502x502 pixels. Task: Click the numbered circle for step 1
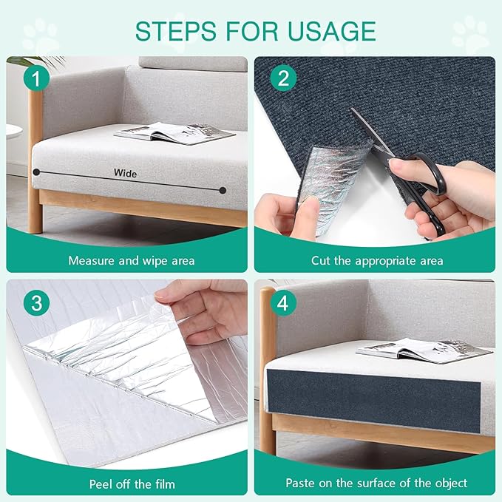click(x=36, y=78)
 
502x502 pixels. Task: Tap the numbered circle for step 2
click(x=283, y=78)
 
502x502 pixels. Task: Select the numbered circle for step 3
click(x=36, y=303)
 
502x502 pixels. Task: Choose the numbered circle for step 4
click(x=283, y=303)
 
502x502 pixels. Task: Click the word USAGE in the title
click(x=332, y=31)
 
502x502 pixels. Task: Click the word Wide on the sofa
click(x=125, y=173)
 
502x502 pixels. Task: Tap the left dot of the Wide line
click(x=36, y=172)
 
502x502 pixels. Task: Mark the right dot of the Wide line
click(x=223, y=191)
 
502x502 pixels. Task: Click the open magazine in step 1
click(x=174, y=133)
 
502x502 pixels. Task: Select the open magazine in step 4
click(x=424, y=351)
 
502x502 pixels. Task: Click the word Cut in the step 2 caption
click(x=321, y=260)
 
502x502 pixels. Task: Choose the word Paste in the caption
click(x=301, y=483)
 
